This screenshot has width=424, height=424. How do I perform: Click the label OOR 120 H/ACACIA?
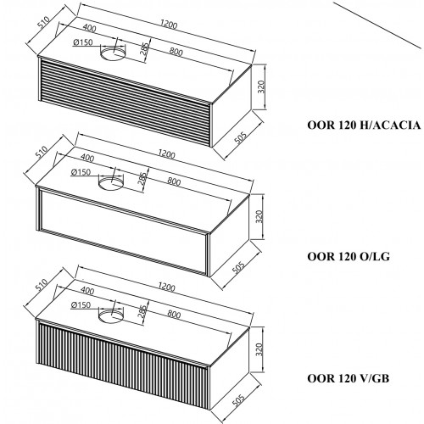(x=364, y=125)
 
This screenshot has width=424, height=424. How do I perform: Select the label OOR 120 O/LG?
(x=349, y=256)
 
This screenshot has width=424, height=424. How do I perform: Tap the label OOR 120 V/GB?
(x=349, y=378)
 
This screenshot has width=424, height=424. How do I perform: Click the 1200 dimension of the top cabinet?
(x=169, y=25)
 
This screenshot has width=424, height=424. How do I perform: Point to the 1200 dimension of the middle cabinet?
(x=167, y=154)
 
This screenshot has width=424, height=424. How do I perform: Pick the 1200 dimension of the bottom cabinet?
(x=167, y=287)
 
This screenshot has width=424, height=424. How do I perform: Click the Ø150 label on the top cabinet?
(x=83, y=42)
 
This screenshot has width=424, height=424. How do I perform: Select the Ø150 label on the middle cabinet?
(x=81, y=172)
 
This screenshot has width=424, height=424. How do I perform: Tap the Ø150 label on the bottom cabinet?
(x=81, y=304)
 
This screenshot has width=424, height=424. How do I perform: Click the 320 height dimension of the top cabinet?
(x=261, y=86)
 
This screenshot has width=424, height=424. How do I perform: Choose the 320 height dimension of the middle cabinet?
(x=259, y=216)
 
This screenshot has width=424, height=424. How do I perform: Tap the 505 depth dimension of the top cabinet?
(x=241, y=137)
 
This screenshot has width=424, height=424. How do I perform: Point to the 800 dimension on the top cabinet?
(x=176, y=52)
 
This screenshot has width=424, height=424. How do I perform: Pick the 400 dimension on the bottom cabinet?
(x=87, y=290)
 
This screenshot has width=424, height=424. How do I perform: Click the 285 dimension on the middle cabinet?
(x=142, y=178)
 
